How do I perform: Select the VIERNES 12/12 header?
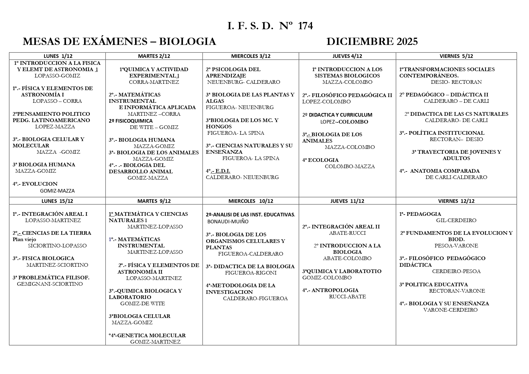click(456, 201)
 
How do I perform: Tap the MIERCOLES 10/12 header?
click(251, 201)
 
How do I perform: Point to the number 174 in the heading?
click(305, 26)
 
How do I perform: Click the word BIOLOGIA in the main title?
click(187, 42)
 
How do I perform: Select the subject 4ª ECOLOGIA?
click(320, 160)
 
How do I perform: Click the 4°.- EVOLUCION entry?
click(35, 184)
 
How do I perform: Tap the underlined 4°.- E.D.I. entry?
click(218, 171)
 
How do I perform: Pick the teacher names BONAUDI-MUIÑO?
click(228, 222)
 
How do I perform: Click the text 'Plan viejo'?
click(24, 240)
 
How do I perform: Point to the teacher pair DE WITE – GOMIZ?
click(154, 127)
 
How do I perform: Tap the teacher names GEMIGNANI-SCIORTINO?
click(50, 284)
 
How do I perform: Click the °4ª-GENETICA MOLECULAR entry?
click(147, 335)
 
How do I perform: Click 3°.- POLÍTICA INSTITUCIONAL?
click(442, 133)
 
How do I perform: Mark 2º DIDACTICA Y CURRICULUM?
click(337, 115)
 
